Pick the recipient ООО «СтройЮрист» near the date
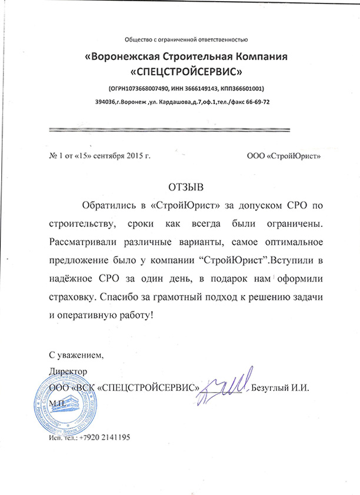point(282,157)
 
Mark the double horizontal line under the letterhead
point(168,129)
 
